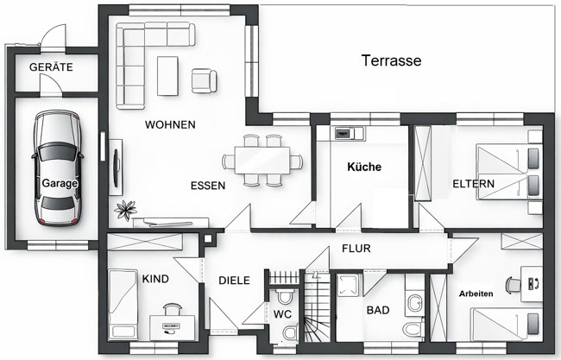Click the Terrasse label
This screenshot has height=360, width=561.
click(x=391, y=60)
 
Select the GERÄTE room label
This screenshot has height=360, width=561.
click(x=51, y=66)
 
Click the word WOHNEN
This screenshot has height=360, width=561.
click(x=170, y=124)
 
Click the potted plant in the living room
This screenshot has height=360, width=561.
click(x=128, y=208)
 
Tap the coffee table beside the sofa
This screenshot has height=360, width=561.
click(x=167, y=75)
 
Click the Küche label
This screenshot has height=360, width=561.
click(x=363, y=166)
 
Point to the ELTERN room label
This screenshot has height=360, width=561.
click(x=473, y=184)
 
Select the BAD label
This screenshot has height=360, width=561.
click(x=378, y=309)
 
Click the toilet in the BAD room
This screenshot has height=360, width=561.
click(x=414, y=302)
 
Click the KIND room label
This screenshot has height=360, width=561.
click(x=155, y=279)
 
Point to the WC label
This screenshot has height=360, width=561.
click(x=282, y=315)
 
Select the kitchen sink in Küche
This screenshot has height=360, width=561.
click(x=344, y=133)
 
